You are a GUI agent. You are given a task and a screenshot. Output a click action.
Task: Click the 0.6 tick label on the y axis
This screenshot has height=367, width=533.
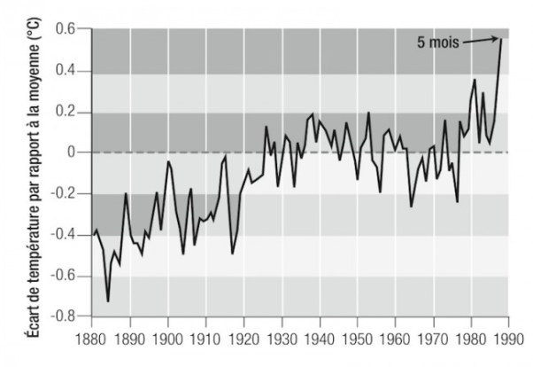[x=71, y=30]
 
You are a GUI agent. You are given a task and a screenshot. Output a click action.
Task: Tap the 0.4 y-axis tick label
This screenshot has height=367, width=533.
[x=71, y=71]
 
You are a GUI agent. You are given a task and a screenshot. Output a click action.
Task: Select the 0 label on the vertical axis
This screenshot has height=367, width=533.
[x=76, y=152]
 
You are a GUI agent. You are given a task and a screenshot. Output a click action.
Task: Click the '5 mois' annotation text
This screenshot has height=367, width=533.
[x=437, y=41]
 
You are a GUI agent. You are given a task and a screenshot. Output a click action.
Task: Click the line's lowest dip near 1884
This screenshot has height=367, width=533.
[x=108, y=301]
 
